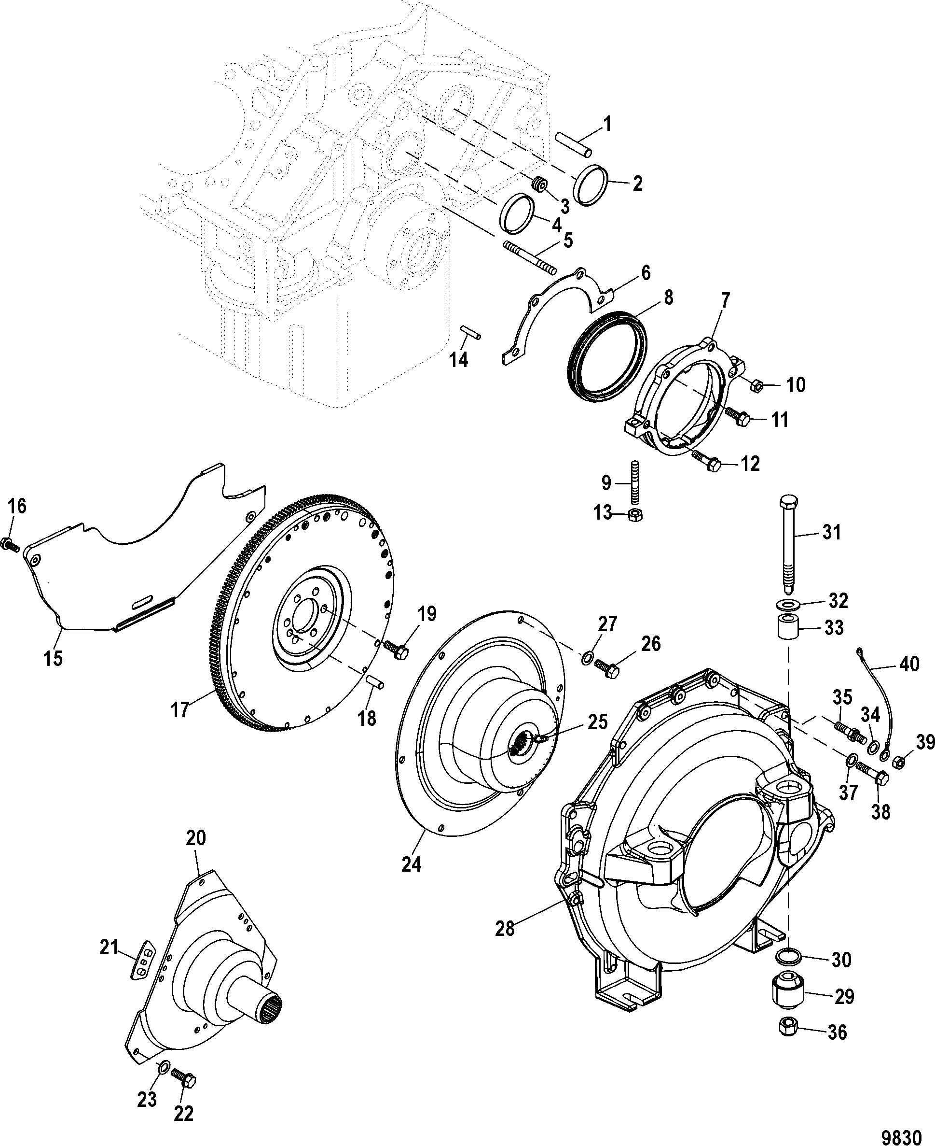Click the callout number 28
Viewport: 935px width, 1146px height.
tap(505, 929)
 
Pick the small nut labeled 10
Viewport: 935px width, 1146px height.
tap(756, 385)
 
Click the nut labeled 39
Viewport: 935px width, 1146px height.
tap(898, 763)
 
